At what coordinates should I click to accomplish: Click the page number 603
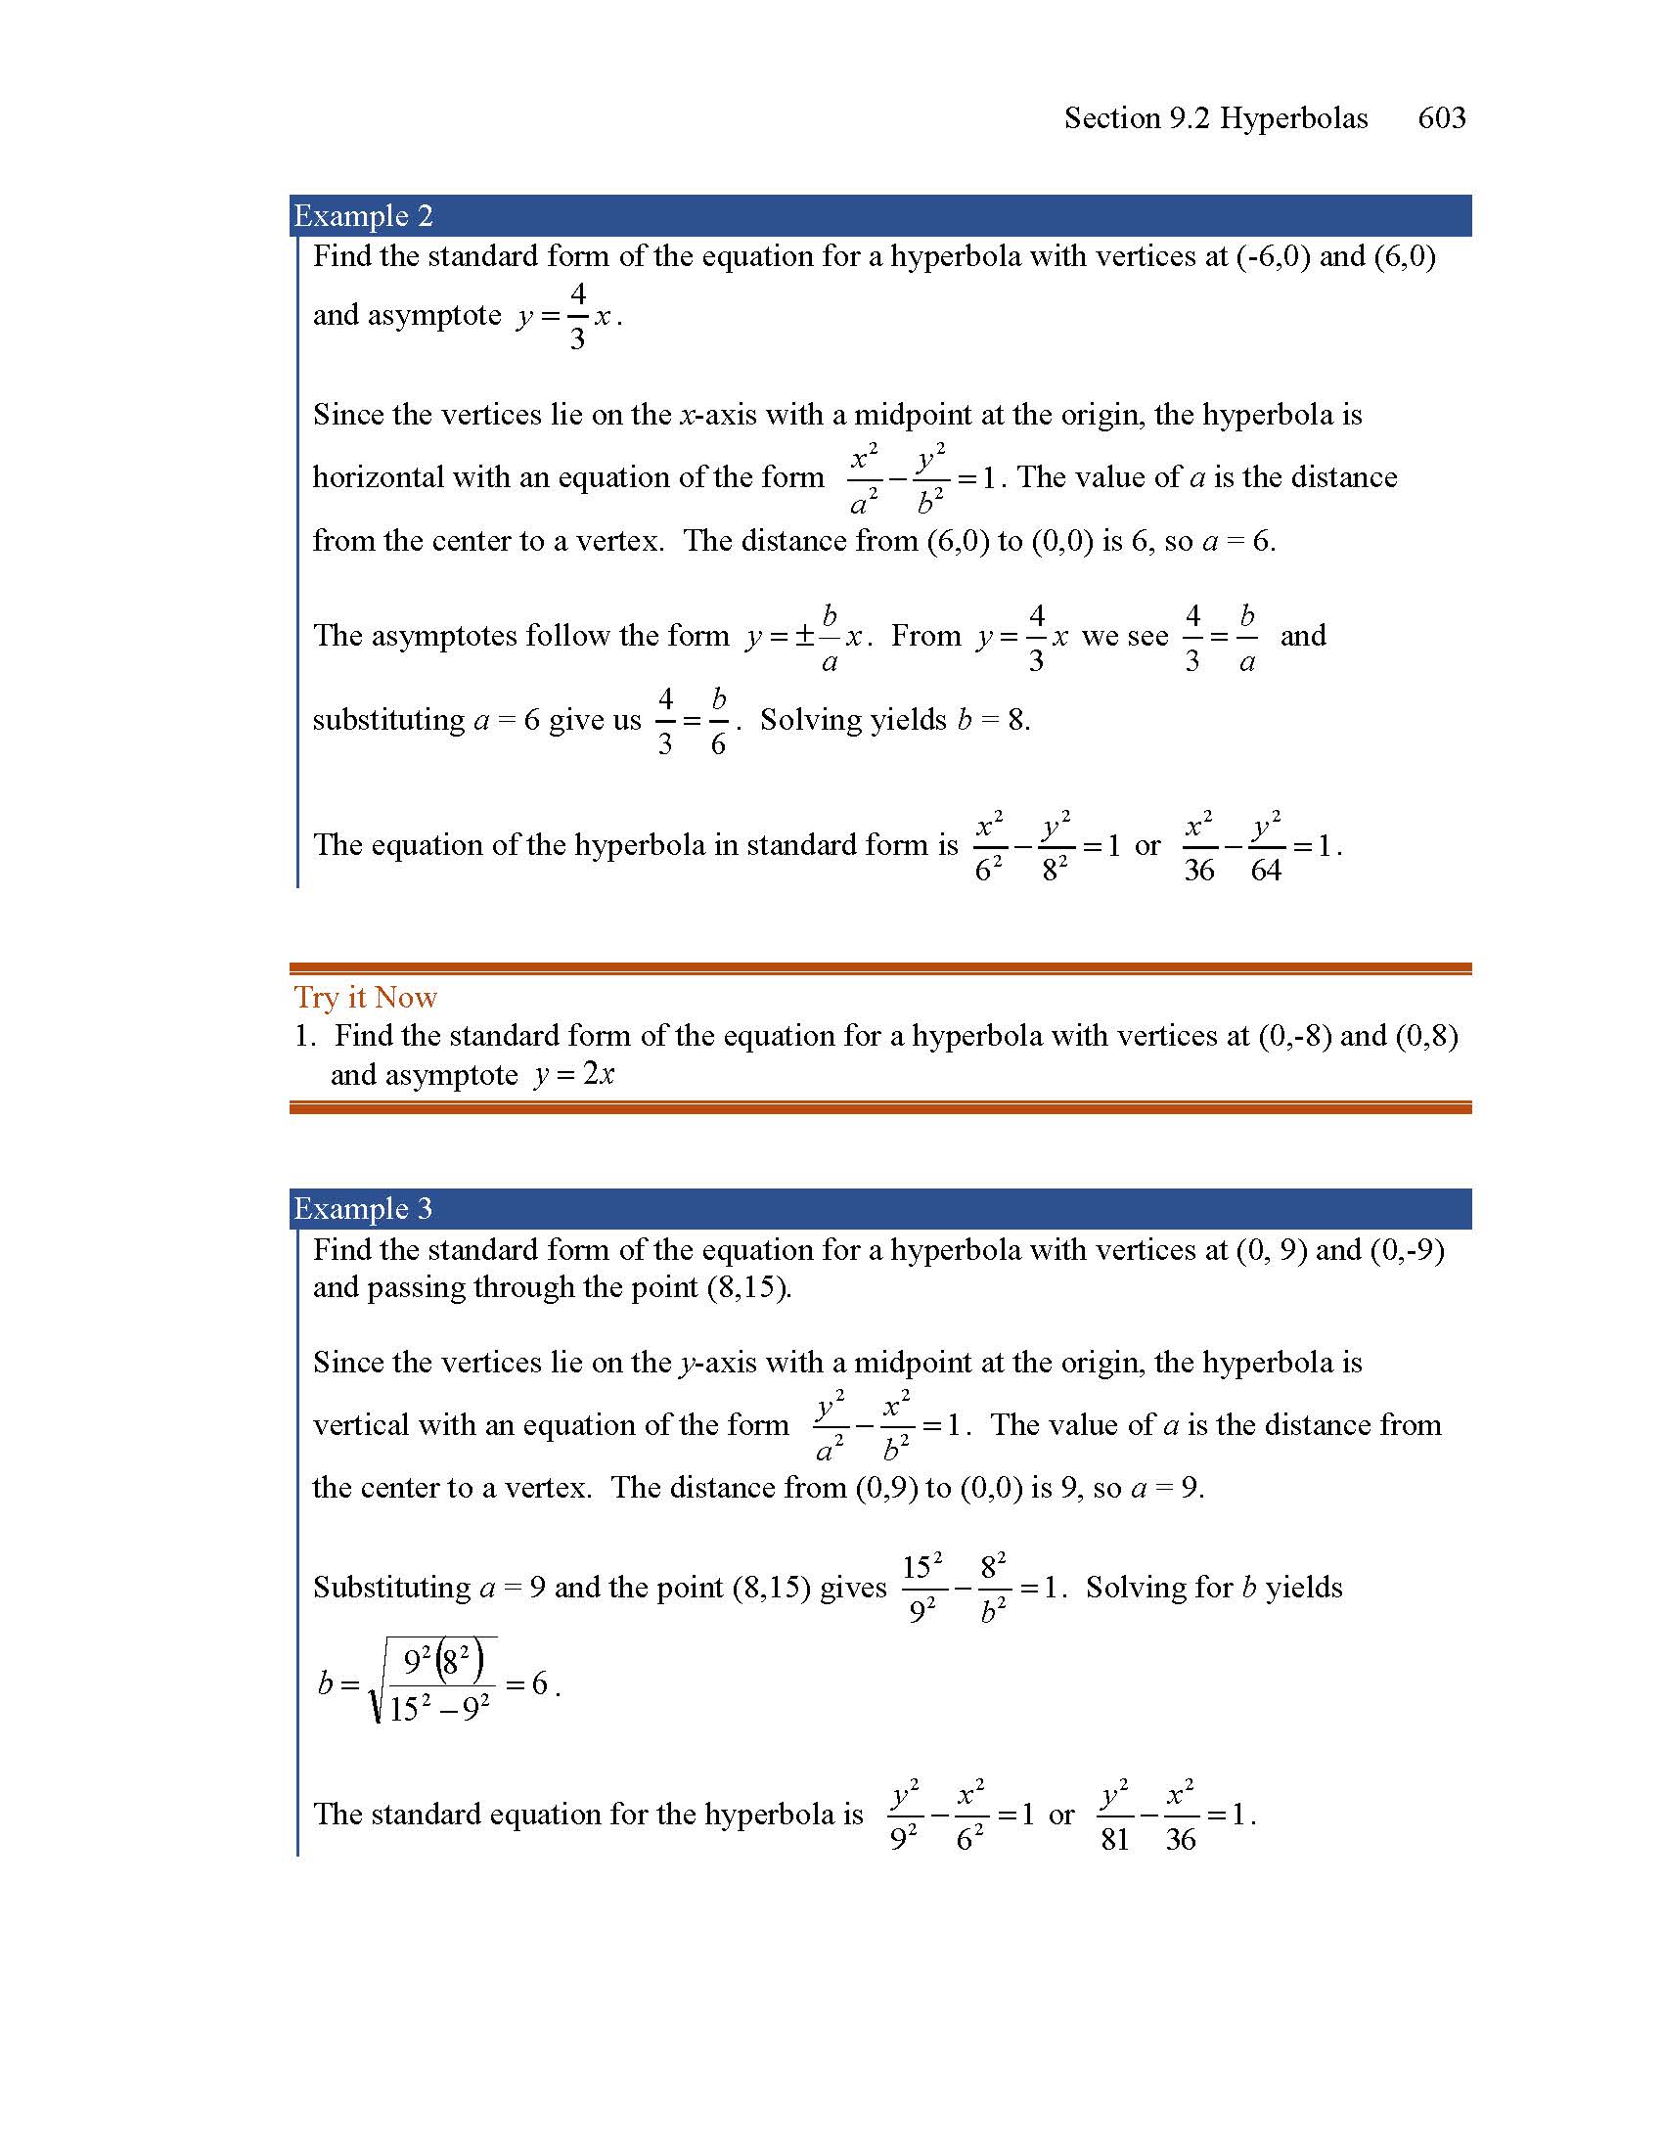tap(1441, 118)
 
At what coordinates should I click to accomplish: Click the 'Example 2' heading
tap(364, 216)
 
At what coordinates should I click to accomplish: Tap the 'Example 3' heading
tap(364, 1208)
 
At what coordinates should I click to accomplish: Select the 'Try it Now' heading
tap(366, 997)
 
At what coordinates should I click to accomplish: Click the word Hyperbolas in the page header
tap(1293, 118)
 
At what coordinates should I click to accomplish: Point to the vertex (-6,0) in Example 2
tap(1272, 256)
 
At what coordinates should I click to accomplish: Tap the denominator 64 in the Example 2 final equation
tap(1266, 870)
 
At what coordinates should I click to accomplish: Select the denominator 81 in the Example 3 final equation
tap(1115, 1840)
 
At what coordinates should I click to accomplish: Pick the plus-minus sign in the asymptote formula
tap(804, 637)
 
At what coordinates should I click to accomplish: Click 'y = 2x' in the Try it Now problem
tap(574, 1074)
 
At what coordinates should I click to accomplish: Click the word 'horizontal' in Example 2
tap(379, 478)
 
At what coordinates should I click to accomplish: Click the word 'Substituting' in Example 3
tap(392, 1588)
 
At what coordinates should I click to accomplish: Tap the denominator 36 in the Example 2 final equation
tap(1199, 870)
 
